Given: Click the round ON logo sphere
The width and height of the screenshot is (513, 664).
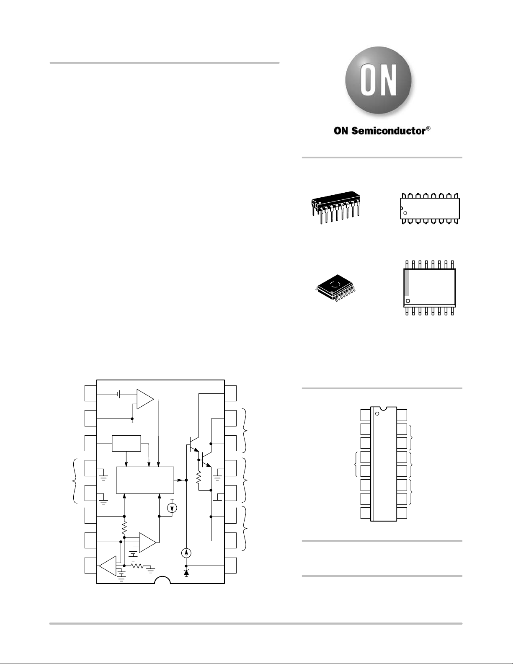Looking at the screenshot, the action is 378,80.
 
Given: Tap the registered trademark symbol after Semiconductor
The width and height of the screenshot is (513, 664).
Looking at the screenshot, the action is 428,129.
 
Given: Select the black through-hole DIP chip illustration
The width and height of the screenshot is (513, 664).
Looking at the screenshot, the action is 335,207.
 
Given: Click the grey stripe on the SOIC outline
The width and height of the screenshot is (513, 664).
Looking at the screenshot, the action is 407,283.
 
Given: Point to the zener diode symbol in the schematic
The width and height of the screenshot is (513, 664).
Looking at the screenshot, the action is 186,573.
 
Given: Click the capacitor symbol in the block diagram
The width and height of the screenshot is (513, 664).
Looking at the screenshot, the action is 119,394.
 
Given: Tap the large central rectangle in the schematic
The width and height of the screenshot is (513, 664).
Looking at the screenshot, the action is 145,480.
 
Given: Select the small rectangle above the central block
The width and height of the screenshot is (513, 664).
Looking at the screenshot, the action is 126,443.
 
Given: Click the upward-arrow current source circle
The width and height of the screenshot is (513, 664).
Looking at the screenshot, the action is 186,553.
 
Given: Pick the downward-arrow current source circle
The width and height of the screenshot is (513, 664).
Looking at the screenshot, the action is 172,508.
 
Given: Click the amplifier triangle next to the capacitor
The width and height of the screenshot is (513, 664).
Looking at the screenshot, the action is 145,399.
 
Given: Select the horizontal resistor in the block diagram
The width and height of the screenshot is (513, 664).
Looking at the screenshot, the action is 137,566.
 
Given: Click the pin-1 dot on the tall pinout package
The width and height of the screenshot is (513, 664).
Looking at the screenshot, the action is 377,414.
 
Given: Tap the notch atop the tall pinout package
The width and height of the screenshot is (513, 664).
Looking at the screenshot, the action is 383,408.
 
